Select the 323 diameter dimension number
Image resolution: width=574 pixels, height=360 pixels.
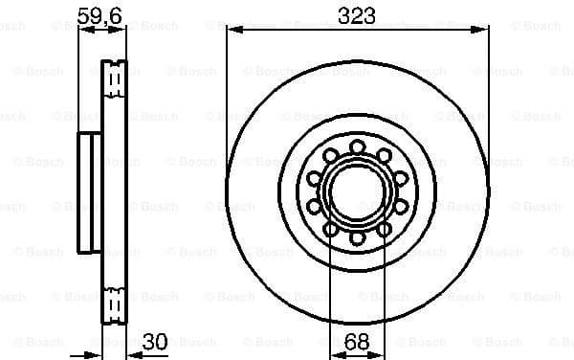click(x=355, y=14)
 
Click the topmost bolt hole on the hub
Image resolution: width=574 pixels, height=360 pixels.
click(x=357, y=146)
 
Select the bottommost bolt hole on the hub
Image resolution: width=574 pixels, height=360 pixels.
click(x=357, y=237)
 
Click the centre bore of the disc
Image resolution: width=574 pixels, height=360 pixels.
click(x=357, y=191)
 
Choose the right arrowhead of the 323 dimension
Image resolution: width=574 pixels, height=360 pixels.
click(x=481, y=31)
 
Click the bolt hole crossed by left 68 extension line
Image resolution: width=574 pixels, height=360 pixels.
click(x=330, y=229)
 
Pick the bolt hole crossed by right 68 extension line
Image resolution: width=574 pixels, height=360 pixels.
click(x=384, y=229)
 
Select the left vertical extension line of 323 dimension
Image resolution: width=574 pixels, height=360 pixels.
click(x=227, y=96)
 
